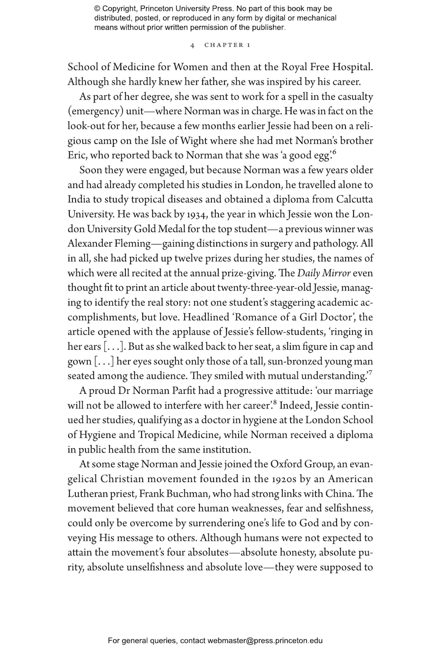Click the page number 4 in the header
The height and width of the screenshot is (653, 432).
click(x=192, y=45)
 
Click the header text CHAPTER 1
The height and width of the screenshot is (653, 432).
click(x=227, y=45)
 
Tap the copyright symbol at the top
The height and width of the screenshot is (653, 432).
click(x=97, y=9)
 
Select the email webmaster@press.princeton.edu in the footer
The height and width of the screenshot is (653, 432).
click(x=265, y=641)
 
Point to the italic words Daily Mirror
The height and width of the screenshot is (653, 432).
click(x=324, y=273)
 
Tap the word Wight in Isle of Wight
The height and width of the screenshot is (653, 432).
click(x=194, y=141)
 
